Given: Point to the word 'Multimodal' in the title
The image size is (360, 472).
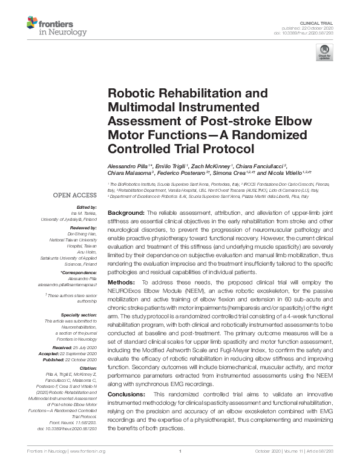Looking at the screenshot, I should pyautogui.click(x=141, y=107).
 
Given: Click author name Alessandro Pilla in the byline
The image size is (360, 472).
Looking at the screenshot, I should pyautogui.click(x=128, y=166).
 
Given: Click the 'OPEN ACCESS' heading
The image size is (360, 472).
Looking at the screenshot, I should pyautogui.click(x=74, y=195).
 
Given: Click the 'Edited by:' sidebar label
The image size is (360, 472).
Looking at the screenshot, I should pyautogui.click(x=87, y=207).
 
